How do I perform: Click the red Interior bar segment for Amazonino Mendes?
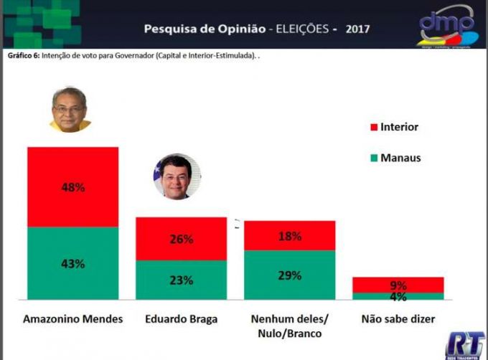(72, 186)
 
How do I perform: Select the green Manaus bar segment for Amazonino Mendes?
(72, 262)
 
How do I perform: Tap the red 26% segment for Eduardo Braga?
(181, 239)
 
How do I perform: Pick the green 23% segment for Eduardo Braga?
(181, 280)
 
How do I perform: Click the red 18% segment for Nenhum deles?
(290, 235)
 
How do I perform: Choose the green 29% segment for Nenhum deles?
(290, 275)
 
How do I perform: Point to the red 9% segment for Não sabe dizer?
(398, 284)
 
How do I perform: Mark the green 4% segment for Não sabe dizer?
(398, 295)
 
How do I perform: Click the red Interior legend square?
(373, 128)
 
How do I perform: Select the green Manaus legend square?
(373, 157)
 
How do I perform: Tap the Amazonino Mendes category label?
(73, 318)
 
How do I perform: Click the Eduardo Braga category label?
(181, 318)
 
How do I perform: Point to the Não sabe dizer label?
(398, 318)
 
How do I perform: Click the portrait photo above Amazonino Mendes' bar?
(70, 109)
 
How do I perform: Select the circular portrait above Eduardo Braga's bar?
(176, 176)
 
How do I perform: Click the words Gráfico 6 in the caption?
(22, 56)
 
